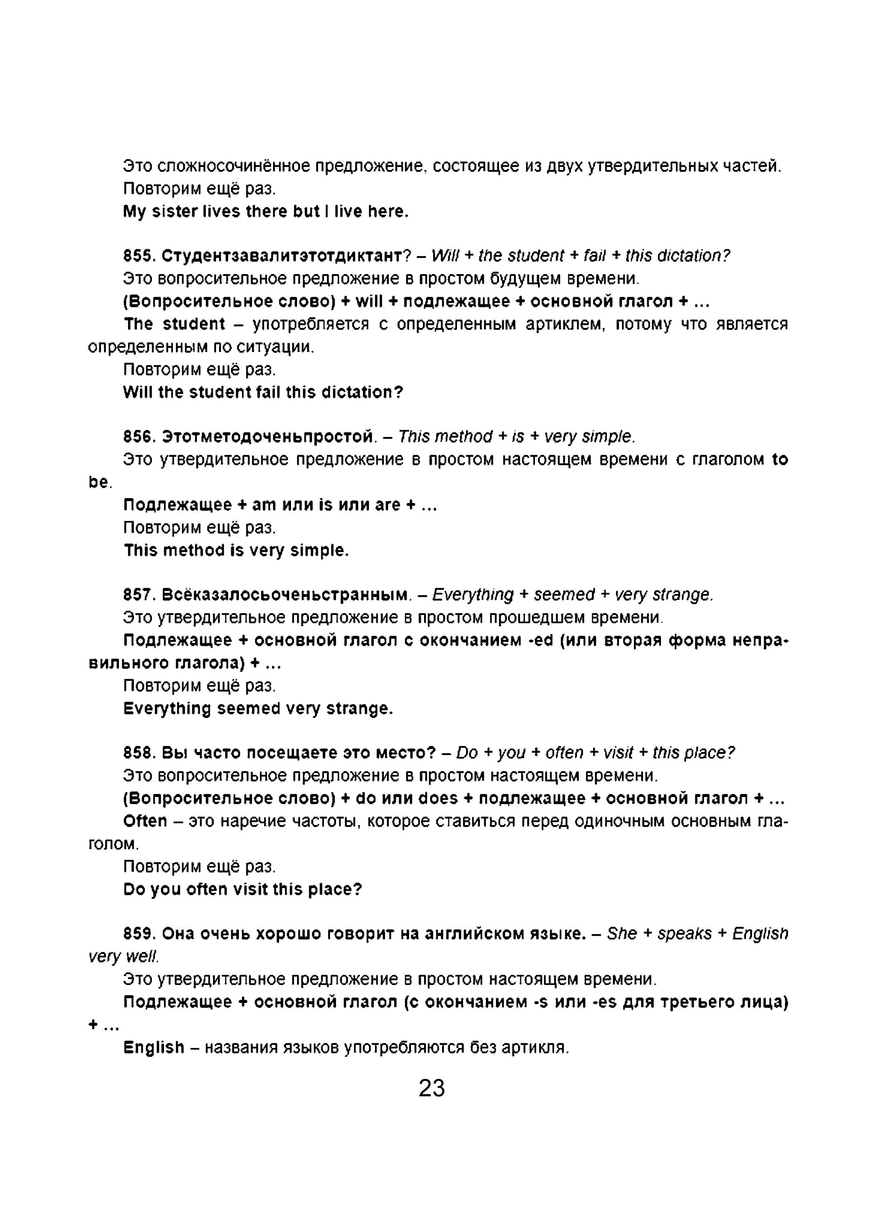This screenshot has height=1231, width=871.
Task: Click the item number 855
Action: coord(139,256)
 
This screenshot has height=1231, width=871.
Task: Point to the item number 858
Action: coord(139,753)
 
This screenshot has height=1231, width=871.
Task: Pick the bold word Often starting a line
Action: coord(145,821)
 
